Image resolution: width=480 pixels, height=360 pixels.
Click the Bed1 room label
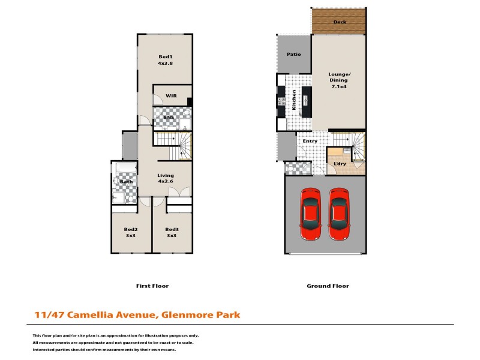coord(166,56)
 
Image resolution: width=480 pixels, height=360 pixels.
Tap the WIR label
coord(172,95)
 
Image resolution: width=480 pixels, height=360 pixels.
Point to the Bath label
coord(126,182)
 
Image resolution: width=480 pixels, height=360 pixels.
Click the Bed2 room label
coord(131,229)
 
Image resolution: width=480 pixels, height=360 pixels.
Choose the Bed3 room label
coord(172,229)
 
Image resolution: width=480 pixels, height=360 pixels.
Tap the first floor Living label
coord(166,176)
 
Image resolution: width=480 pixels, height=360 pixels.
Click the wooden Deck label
coord(339,22)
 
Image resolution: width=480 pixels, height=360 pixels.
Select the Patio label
coord(293,54)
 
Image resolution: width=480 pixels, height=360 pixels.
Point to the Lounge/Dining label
coord(339,78)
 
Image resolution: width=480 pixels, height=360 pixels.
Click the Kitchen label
coord(294,100)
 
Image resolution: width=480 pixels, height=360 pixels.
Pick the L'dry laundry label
coord(340,163)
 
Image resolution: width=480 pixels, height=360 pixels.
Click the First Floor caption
coord(152,286)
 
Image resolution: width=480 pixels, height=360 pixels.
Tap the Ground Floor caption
coord(328,286)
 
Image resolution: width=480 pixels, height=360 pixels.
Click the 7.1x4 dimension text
coord(340,86)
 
